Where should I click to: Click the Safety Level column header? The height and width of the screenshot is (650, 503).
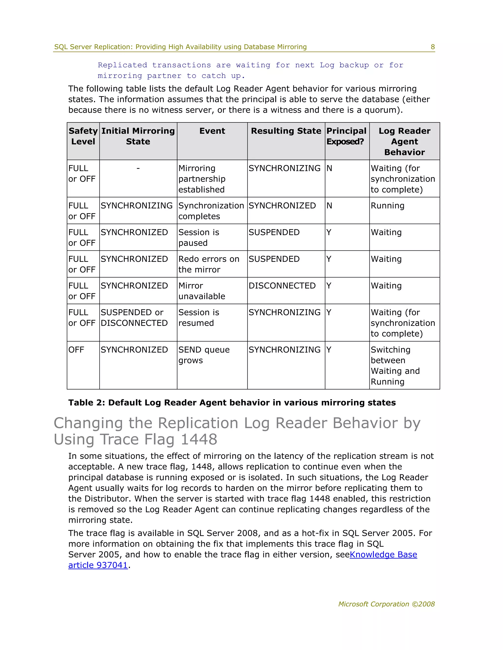[83, 136]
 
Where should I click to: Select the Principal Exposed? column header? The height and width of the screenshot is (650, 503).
[346, 136]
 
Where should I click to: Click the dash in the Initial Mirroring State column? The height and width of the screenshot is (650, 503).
[138, 169]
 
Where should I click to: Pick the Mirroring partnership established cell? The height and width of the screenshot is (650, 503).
[202, 179]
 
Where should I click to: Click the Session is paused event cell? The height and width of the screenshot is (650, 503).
[198, 237]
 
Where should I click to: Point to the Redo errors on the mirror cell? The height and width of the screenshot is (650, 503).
[209, 264]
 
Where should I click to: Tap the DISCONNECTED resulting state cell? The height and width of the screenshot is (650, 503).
[282, 286]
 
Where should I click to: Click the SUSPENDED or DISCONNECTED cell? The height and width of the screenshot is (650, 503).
[134, 318]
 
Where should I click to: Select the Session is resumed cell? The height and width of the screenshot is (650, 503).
[198, 318]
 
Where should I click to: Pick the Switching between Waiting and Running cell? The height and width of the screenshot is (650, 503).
[395, 365]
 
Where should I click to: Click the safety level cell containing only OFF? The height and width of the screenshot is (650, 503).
[76, 350]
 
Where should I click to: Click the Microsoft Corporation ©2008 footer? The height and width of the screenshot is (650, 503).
[386, 604]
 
